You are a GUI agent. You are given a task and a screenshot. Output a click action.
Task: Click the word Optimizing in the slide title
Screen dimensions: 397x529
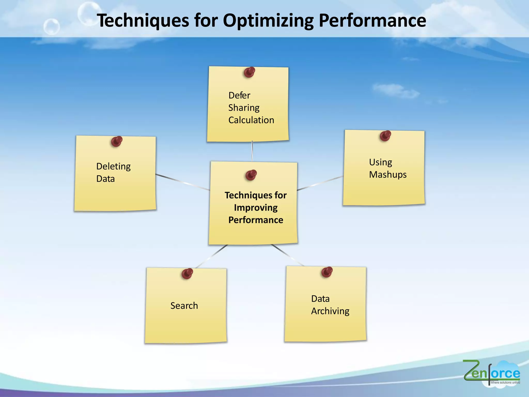(x=268, y=21)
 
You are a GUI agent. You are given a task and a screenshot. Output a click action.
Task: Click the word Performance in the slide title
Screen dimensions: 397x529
(x=372, y=21)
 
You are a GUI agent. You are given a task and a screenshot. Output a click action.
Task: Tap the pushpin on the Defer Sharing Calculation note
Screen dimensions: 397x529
(x=249, y=72)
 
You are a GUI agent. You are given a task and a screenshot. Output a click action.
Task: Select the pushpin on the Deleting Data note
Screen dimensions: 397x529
(x=116, y=141)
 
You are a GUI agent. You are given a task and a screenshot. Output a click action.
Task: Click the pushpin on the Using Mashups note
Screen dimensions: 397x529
(x=385, y=136)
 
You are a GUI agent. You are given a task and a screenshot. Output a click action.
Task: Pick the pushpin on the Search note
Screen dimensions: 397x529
(x=187, y=274)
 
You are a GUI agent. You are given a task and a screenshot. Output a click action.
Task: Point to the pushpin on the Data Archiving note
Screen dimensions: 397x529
(x=327, y=272)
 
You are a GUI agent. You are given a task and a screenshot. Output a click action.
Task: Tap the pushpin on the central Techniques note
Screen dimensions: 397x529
(x=251, y=175)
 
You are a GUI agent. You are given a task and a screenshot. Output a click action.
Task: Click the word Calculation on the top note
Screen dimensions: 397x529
(x=251, y=120)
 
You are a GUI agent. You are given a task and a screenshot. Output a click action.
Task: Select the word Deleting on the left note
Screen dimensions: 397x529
(x=113, y=166)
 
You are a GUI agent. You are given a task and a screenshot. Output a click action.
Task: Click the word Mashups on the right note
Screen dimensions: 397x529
(x=388, y=175)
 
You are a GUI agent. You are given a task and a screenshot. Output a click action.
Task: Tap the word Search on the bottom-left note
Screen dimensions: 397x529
(x=184, y=306)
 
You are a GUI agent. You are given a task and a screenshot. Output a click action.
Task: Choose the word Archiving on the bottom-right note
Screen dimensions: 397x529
(x=330, y=311)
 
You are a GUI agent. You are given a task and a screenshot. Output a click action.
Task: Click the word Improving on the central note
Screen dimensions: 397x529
(x=256, y=208)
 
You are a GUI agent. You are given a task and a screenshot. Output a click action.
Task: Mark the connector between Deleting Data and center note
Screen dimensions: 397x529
(x=183, y=182)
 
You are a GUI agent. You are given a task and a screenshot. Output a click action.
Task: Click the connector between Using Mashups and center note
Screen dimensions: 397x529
(x=320, y=183)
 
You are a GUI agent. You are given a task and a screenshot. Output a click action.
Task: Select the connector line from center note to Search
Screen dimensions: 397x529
(x=212, y=256)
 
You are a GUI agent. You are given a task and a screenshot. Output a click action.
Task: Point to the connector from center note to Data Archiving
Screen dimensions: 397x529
(x=287, y=255)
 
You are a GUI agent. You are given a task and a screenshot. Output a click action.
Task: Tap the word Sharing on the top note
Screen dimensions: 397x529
(x=244, y=108)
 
